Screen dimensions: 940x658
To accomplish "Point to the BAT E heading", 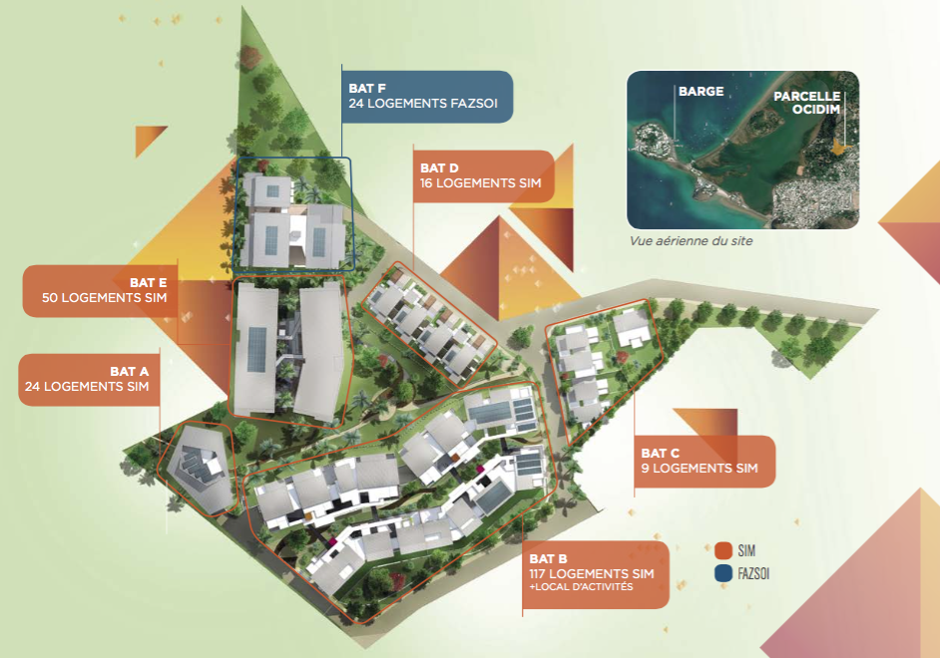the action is tap(148, 282).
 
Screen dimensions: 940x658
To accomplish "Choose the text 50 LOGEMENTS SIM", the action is tap(104, 297).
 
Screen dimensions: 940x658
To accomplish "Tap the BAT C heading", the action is tap(661, 453).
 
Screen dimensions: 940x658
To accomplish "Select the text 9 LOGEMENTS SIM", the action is tap(699, 469).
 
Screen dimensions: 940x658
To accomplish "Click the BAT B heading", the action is tap(549, 558).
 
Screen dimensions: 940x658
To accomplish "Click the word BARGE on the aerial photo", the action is tap(701, 92).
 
